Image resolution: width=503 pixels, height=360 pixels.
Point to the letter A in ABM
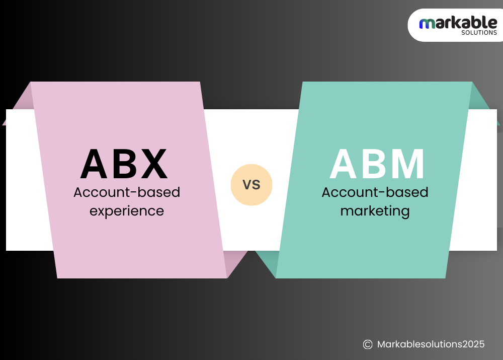(346, 164)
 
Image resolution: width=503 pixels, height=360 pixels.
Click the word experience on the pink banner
(127, 210)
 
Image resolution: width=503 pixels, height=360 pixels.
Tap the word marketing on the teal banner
(375, 210)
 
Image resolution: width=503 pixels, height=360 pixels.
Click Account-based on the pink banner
(127, 192)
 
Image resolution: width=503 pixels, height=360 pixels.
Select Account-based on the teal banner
(375, 192)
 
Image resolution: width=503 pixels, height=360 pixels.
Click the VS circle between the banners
(251, 185)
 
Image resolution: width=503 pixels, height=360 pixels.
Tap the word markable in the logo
(458, 23)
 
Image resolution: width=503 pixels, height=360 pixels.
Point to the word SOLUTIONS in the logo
(479, 33)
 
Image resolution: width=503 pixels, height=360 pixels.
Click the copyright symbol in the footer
(368, 344)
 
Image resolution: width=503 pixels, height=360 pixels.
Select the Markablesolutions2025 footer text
(431, 344)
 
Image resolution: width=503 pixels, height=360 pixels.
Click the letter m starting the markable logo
(426, 23)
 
